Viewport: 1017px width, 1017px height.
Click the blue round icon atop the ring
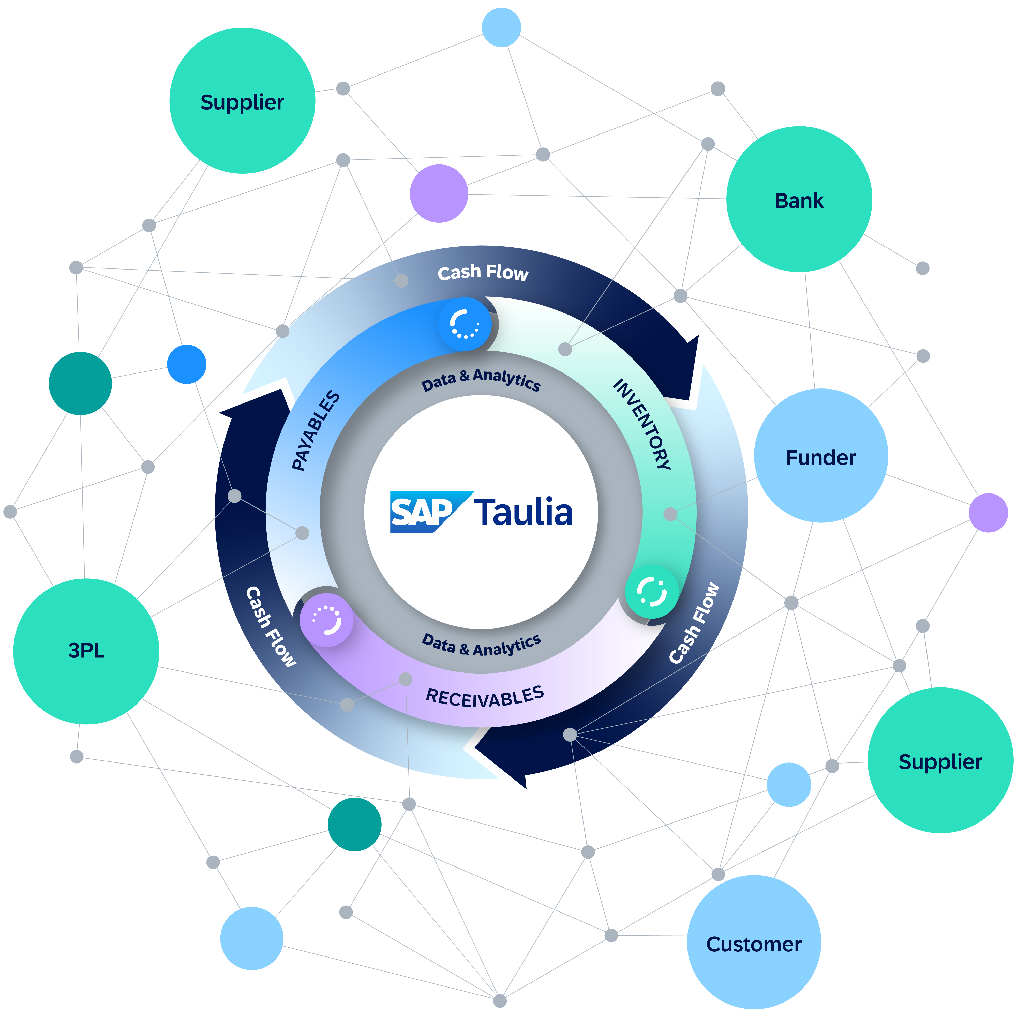[x=464, y=324]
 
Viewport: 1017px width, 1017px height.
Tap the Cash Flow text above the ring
[x=483, y=272]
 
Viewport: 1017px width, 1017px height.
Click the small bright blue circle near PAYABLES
[x=186, y=364]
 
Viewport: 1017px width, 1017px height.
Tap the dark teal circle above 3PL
[x=80, y=383]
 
